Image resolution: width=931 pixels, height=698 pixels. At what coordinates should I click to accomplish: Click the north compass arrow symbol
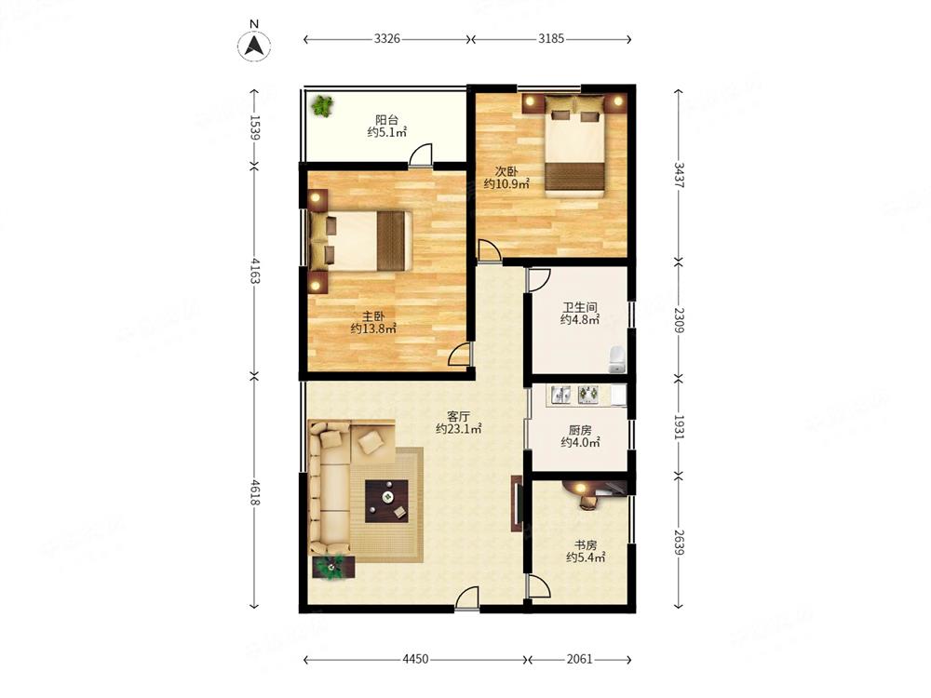click(x=254, y=45)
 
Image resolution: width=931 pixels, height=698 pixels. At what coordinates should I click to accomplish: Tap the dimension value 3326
click(x=387, y=39)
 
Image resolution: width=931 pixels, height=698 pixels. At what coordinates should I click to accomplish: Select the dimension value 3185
click(x=551, y=39)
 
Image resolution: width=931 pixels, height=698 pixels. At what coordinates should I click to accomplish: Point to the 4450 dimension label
click(x=415, y=659)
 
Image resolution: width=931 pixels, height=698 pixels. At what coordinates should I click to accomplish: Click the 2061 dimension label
click(x=579, y=659)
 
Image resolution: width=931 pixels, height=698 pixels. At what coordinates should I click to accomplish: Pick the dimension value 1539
click(x=254, y=127)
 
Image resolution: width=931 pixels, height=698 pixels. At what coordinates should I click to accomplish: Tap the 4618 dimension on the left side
click(x=254, y=492)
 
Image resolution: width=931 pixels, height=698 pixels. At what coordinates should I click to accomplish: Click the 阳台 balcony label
click(x=386, y=119)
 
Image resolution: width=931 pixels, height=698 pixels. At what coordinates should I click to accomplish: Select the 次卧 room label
click(x=506, y=171)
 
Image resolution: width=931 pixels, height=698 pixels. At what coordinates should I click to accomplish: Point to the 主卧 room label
click(x=373, y=316)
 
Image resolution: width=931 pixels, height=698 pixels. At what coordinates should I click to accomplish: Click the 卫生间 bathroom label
click(x=580, y=307)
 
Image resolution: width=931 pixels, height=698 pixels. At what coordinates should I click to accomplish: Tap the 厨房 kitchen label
click(x=580, y=430)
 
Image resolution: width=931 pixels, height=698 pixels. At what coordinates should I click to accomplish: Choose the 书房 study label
click(x=586, y=544)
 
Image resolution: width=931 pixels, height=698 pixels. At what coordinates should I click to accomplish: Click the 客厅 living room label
click(x=458, y=416)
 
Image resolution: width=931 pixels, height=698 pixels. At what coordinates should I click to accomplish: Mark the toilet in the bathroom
click(x=618, y=359)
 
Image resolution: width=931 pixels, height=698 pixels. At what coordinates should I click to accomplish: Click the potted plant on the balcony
click(x=323, y=106)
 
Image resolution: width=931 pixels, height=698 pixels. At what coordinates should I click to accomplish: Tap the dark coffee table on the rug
click(x=386, y=501)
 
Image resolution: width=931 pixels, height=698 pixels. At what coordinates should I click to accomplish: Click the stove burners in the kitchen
click(x=587, y=394)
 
